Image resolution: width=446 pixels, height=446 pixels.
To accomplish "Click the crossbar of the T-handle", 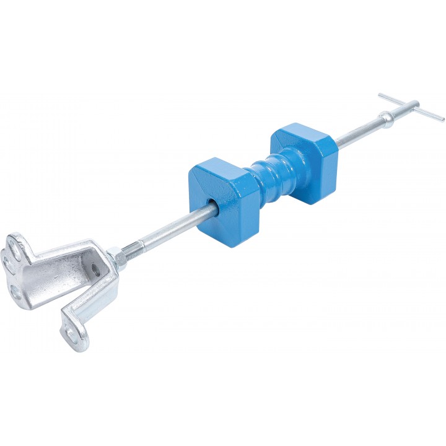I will (411, 107).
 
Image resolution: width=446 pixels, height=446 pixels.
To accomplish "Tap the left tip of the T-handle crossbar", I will (380, 96).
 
